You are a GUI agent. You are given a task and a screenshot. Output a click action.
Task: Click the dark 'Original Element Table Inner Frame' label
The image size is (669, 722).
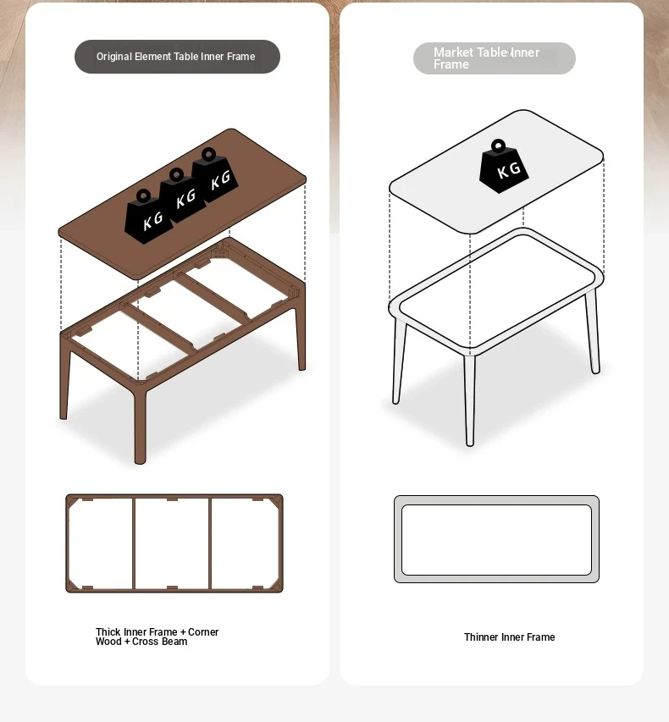point(177,57)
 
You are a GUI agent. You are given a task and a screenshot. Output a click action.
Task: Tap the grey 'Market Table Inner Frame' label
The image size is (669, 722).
point(495,58)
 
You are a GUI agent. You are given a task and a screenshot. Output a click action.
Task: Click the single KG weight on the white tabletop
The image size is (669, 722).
point(504,167)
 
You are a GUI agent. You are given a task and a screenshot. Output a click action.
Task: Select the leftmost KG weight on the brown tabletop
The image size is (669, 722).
point(148,217)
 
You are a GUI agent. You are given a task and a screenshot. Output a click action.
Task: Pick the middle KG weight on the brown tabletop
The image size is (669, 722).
point(181,196)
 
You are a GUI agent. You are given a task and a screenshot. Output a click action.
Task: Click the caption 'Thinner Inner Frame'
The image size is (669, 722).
point(509,637)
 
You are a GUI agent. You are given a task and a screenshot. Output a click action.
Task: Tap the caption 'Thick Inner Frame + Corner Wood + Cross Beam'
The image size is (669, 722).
point(158,637)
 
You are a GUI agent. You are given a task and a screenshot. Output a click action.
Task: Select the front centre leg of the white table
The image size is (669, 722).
point(469,400)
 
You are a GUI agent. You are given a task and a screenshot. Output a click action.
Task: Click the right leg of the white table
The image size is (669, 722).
point(593,331)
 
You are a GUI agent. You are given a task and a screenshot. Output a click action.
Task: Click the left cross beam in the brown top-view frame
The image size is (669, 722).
point(134,543)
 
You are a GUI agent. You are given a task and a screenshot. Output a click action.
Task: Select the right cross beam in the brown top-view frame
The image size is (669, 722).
point(210,543)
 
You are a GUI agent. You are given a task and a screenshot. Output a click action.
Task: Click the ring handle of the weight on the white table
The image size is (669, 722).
point(498,146)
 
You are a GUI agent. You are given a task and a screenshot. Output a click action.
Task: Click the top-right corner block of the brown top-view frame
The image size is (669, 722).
point(276,503)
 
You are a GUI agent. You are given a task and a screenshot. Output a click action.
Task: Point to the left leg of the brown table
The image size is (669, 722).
point(64,377)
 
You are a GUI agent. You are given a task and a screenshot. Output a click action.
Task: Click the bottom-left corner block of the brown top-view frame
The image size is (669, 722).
point(73,584)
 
